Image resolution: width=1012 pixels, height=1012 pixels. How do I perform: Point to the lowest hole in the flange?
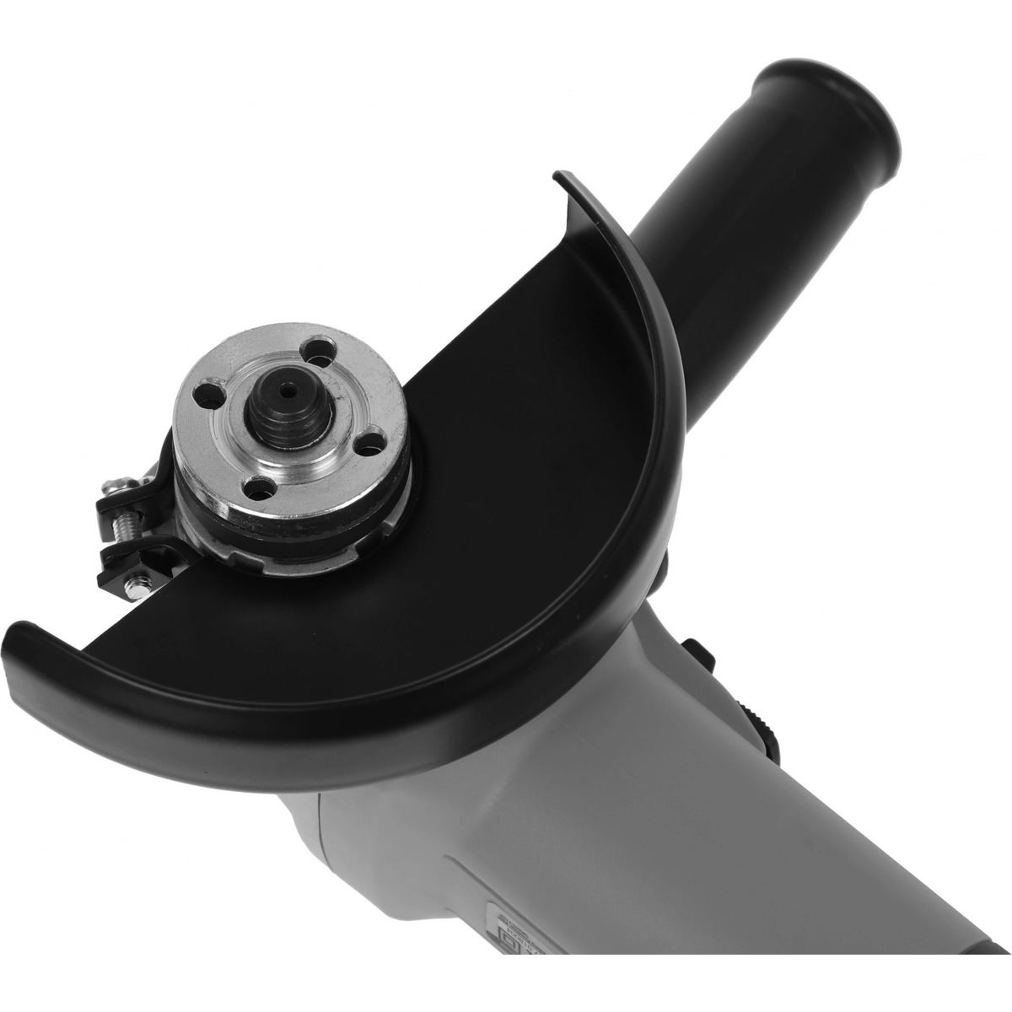253,487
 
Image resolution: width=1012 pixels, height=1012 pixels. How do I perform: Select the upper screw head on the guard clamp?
112,487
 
